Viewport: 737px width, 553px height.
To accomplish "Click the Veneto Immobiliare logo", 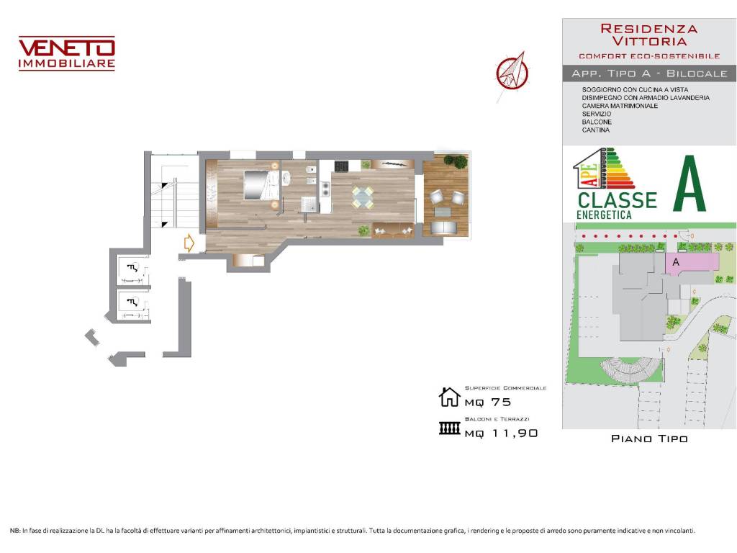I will [66, 53].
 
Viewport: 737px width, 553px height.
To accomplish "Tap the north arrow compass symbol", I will [512, 72].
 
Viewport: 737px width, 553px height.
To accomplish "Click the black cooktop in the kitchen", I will [341, 167].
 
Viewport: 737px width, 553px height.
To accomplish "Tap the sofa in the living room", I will [392, 230].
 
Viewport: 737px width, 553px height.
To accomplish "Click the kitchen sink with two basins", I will [325, 189].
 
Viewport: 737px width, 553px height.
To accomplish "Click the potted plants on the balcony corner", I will [455, 161].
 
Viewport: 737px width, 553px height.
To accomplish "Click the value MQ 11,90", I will [501, 433].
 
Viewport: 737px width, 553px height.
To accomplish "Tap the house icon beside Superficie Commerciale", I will [449, 397].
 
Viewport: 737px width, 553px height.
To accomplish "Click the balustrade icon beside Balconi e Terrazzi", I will [449, 429].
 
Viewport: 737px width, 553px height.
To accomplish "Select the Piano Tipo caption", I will [648, 439].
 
